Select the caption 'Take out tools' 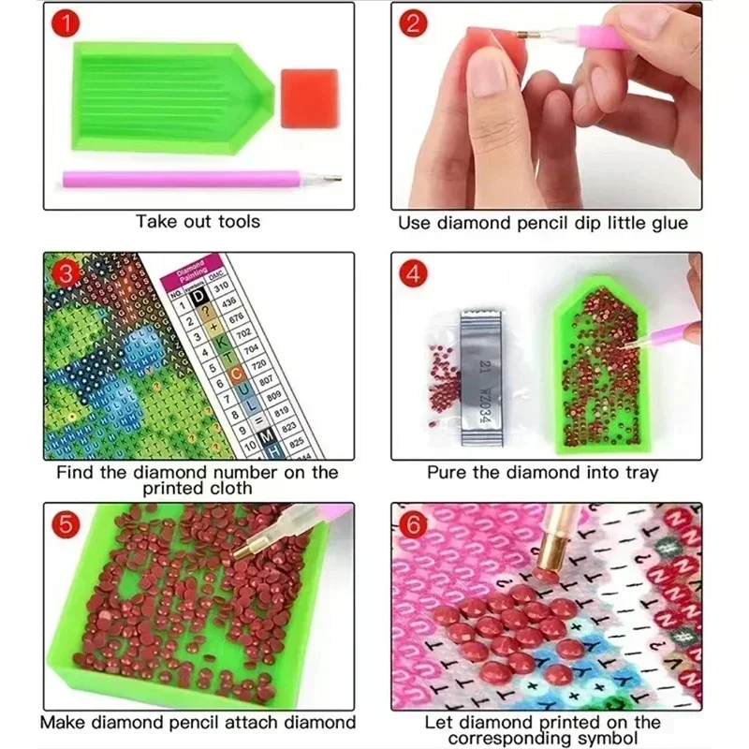(x=198, y=222)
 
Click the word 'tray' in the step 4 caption (x=638, y=474)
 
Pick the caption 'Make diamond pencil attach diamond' (x=198, y=723)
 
